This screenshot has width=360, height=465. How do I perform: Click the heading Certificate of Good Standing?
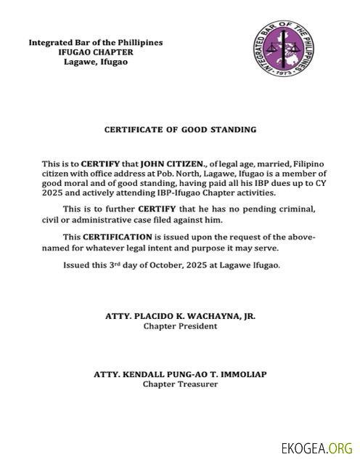180,129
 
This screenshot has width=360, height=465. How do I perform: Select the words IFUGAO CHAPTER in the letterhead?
95,52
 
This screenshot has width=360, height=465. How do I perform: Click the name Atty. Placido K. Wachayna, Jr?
180,317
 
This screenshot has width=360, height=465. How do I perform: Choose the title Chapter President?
180,326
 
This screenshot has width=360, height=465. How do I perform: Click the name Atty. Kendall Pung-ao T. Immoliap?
180,374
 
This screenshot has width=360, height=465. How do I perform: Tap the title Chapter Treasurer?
180,384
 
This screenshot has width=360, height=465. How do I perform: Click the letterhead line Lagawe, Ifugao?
95,62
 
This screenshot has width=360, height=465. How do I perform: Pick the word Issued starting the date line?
78,265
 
